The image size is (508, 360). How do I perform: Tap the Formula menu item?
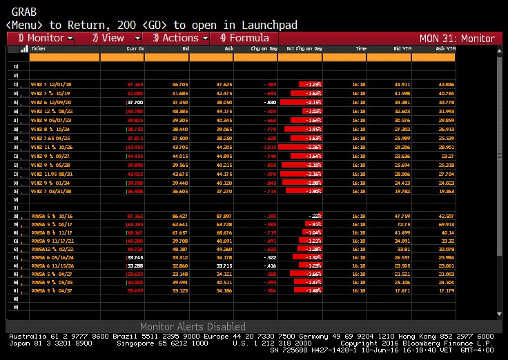(x=243, y=38)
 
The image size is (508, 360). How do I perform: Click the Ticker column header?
(x=39, y=49)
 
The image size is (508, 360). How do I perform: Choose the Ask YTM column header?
(x=446, y=49)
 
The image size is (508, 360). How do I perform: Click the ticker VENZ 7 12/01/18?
(x=52, y=84)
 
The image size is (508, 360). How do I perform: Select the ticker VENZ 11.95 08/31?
(x=53, y=173)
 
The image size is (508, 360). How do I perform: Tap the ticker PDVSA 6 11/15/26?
(x=53, y=265)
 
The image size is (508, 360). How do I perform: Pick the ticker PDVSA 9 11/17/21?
(x=53, y=241)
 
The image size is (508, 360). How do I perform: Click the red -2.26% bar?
(x=302, y=147)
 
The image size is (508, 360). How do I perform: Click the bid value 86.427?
(x=179, y=217)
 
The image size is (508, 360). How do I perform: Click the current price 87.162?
(x=135, y=217)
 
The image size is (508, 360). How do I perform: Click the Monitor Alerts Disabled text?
(x=193, y=326)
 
